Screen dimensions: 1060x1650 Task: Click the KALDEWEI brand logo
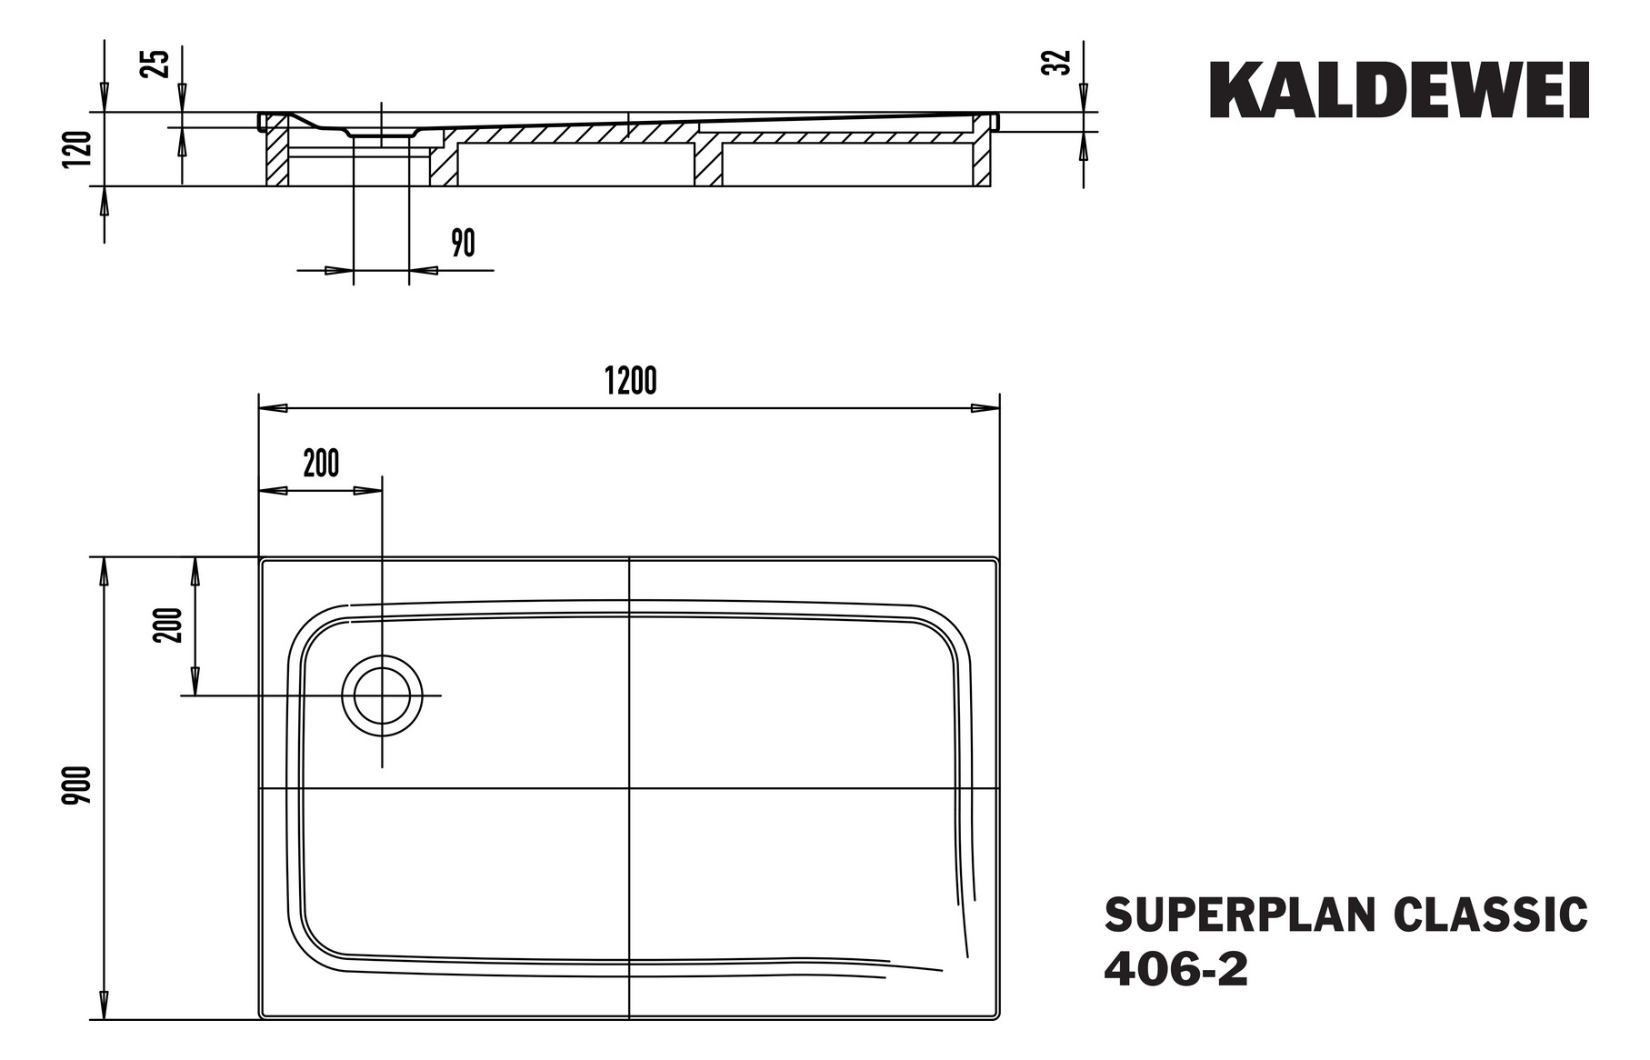pos(1398,91)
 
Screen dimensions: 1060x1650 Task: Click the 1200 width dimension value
pos(630,382)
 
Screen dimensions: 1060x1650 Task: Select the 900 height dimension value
pos(80,785)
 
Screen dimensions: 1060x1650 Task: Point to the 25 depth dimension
pos(157,63)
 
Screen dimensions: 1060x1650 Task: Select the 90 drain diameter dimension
pos(463,244)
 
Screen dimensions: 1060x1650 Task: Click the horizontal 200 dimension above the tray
pos(321,464)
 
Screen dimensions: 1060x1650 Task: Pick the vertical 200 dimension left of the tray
pos(171,625)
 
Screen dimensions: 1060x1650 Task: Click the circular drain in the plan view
pos(382,695)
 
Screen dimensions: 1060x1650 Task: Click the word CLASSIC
pos(1491,915)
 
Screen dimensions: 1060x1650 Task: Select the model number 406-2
pos(1175,970)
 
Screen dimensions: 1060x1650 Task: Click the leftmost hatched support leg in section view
pos(276,156)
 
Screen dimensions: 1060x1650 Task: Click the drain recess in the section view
pos(381,134)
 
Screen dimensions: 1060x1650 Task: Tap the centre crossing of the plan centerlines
pos(629,788)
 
